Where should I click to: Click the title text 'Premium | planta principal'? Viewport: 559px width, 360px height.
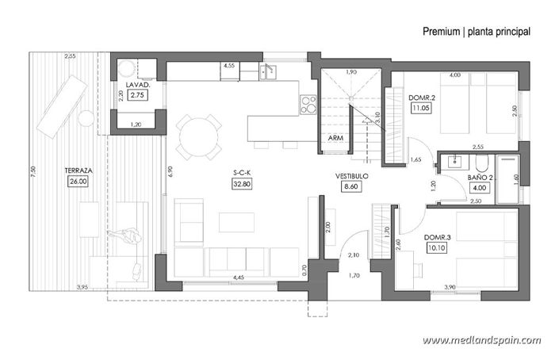476,32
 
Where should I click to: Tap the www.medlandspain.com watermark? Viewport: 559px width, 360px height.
481,340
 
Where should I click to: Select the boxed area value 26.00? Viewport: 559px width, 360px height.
79,182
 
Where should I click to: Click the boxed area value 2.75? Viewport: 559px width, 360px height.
138,95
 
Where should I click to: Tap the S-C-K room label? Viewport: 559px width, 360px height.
242,171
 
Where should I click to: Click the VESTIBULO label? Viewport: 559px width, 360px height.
350,176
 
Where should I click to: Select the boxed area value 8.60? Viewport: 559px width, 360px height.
350,187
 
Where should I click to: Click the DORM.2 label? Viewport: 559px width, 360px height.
421,98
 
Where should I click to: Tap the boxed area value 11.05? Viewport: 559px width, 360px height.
421,109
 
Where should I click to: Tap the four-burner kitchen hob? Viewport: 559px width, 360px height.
308,102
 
